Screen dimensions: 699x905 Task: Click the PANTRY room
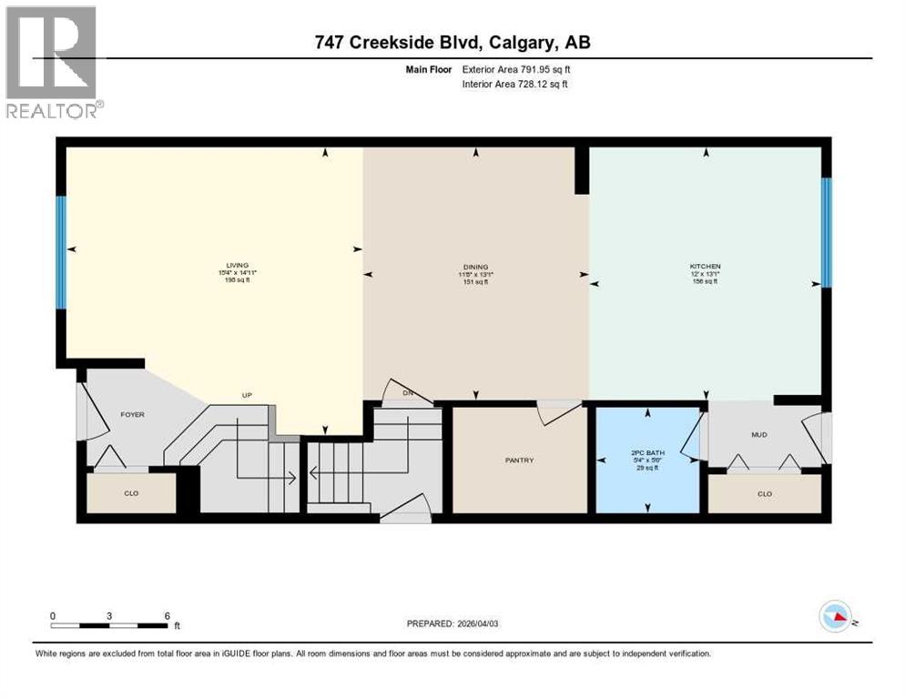[x=519, y=461]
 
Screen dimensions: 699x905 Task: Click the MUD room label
[x=759, y=435]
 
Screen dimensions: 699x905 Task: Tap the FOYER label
[x=133, y=415]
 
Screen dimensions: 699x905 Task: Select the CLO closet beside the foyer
[x=132, y=493]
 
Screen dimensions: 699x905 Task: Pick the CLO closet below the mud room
[x=765, y=493]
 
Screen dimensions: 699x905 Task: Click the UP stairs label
[x=246, y=395]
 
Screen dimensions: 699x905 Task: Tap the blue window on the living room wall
[x=61, y=252]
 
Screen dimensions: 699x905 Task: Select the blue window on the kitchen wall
[x=827, y=231]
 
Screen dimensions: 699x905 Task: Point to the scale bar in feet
[x=109, y=625]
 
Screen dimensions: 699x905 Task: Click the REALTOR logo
[x=52, y=62]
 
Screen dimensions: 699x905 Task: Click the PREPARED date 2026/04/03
[x=452, y=623]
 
